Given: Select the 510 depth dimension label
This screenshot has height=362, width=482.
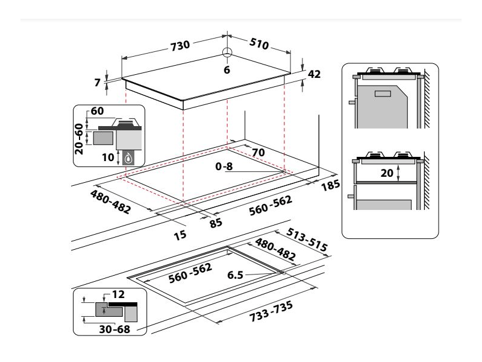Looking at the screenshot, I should [260, 43].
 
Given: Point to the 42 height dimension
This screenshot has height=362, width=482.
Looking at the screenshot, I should [313, 74].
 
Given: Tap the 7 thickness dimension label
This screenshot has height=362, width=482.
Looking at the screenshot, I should [97, 83].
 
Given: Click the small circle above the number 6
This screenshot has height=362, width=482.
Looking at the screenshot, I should [227, 52].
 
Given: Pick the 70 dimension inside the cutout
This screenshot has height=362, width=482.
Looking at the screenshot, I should [258, 153].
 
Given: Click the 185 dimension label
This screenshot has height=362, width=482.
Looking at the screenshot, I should [331, 184].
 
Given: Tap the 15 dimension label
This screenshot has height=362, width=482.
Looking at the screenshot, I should [179, 234].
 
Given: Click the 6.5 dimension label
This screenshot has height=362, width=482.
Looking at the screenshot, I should [236, 275].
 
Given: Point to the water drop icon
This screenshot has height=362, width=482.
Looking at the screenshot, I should [128, 159].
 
